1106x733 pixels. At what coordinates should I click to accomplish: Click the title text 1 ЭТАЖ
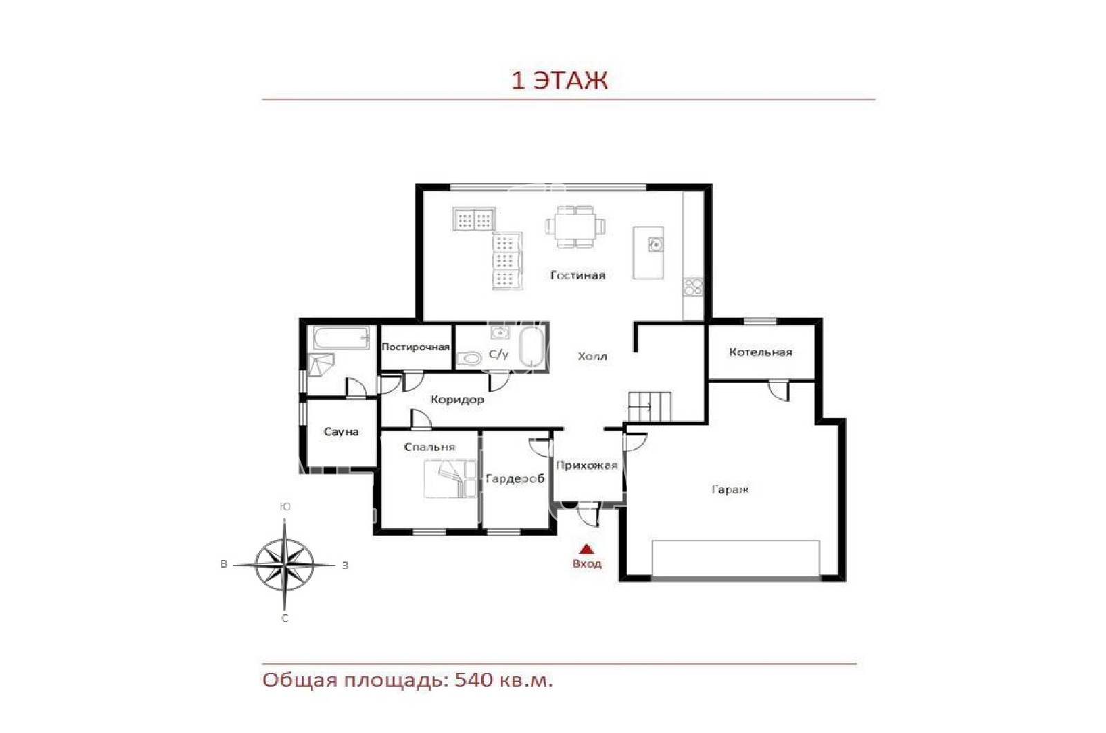coord(559,80)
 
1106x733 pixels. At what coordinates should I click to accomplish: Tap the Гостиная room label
coord(578,276)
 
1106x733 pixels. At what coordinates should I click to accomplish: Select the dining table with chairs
coord(575,227)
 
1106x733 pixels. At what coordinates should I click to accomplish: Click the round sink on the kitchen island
coord(655,244)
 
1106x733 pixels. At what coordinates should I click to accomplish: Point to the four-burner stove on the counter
coord(693,287)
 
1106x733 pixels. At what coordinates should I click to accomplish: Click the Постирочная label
coord(415,347)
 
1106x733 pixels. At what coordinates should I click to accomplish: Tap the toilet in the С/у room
coord(469,358)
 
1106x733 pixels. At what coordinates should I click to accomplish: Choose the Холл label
coord(592,356)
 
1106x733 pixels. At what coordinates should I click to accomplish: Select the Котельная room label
coord(760,352)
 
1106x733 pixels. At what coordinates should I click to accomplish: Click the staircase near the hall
coord(650,406)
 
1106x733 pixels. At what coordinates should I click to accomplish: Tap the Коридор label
coord(457,400)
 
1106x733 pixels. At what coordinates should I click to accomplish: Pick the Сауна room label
coord(341,432)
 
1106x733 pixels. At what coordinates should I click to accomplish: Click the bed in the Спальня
coord(450,479)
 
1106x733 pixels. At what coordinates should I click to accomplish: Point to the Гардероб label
coord(515,479)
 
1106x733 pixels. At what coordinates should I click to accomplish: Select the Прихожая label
coord(587,465)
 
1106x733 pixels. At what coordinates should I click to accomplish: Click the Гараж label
coord(730,490)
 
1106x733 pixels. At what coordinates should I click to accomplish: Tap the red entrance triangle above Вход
coord(586,549)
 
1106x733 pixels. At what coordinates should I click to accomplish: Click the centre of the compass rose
coord(284,564)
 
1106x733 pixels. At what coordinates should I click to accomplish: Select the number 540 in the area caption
coord(474,680)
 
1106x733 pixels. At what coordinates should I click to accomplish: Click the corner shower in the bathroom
coord(320,364)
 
